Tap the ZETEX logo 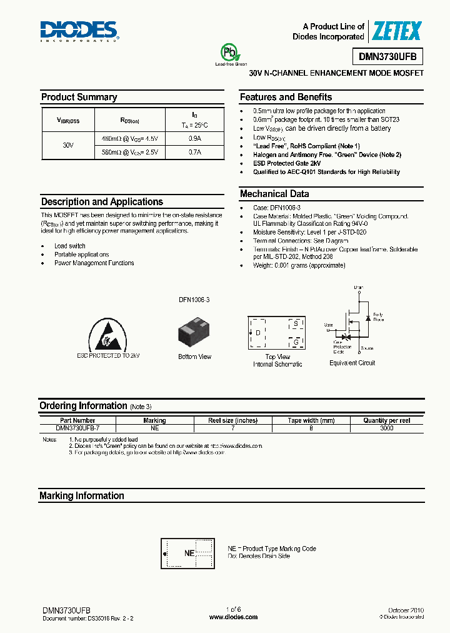[397, 31]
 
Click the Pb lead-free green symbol [228, 52]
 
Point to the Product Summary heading [79, 97]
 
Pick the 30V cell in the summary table [68, 144]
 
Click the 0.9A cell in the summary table [194, 138]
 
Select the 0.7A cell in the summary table [194, 152]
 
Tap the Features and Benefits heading [286, 97]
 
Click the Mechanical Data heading [274, 194]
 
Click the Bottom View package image [194, 332]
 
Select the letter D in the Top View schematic [257, 333]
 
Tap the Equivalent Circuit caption [352, 363]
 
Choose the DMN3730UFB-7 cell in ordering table [77, 428]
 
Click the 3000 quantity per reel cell [386, 428]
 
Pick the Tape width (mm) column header [311, 420]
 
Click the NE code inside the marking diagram [189, 554]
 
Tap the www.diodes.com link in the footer [232, 617]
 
